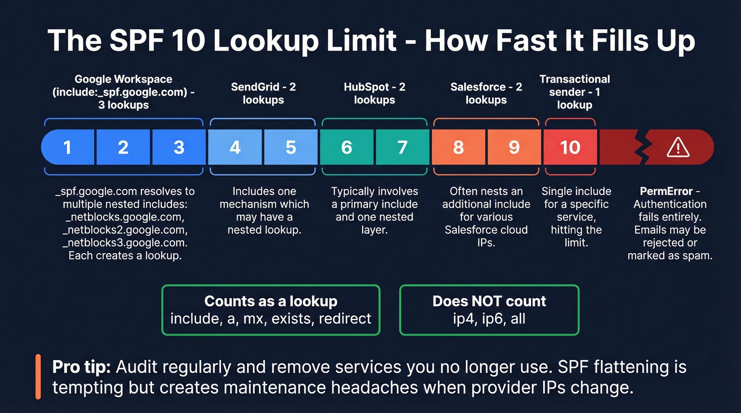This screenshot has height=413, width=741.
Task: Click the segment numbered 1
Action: tap(68, 147)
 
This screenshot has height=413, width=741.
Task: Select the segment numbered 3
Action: tap(179, 147)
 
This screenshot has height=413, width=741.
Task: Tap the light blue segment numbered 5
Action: tap(291, 147)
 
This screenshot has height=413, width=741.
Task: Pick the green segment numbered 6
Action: tap(347, 147)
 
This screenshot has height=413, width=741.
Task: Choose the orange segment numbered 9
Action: tap(514, 147)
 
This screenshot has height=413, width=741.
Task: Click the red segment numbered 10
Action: tap(570, 147)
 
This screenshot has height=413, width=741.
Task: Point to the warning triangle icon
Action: tap(677, 148)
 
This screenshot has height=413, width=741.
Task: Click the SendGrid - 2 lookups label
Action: tap(263, 94)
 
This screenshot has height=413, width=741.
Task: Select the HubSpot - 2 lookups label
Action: tap(375, 94)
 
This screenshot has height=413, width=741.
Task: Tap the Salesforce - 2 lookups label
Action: tap(486, 94)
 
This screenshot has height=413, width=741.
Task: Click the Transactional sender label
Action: tap(574, 92)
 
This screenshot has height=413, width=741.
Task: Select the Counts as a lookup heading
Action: tap(270, 301)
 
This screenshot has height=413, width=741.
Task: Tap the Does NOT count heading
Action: tap(489, 301)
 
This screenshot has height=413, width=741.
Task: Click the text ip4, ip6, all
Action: tap(489, 319)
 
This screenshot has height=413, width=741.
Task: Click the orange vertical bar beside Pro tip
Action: tap(38, 377)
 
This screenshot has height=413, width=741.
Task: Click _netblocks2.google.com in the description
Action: tap(124, 230)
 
